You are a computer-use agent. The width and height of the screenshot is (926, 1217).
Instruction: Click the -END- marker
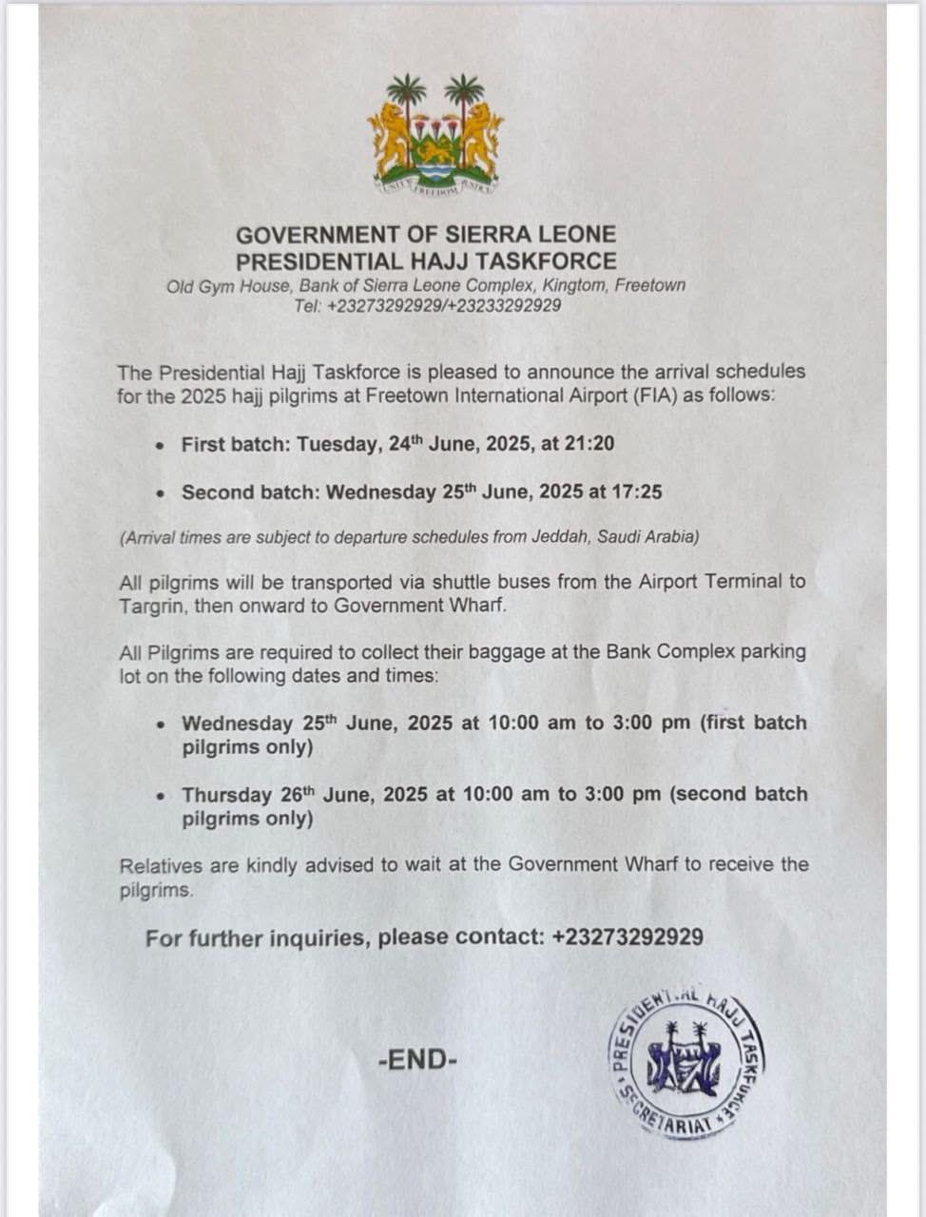click(x=417, y=1059)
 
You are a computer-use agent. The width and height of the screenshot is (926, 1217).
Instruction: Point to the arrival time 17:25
click(x=638, y=493)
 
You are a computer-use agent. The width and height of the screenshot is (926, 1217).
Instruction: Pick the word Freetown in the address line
click(x=649, y=285)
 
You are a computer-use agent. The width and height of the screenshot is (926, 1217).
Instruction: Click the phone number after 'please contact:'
click(x=627, y=937)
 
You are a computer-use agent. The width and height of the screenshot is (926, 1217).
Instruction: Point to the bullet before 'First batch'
click(x=163, y=445)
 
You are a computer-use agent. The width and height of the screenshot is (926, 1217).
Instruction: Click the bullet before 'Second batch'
click(x=163, y=493)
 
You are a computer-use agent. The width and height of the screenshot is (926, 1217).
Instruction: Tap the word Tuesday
click(x=338, y=444)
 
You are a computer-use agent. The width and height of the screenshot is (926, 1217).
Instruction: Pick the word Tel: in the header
click(x=309, y=306)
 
